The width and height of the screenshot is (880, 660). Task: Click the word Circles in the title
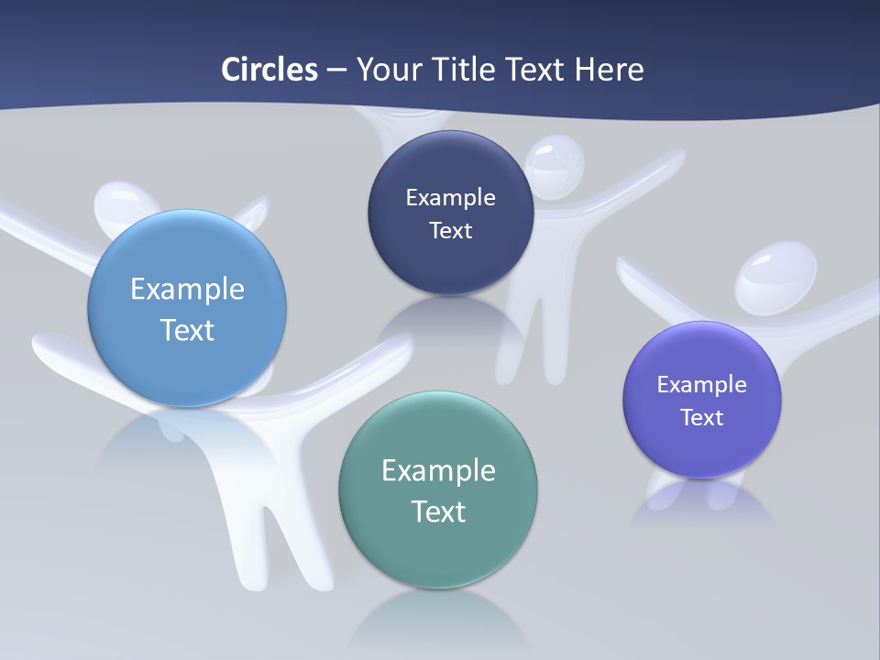click(x=269, y=69)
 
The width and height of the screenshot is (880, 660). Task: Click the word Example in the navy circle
click(x=450, y=197)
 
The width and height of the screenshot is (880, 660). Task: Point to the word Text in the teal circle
click(x=438, y=511)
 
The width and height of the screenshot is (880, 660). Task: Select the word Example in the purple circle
click(x=702, y=384)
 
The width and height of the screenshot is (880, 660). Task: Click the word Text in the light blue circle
click(x=187, y=329)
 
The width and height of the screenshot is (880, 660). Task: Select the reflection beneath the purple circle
click(x=701, y=504)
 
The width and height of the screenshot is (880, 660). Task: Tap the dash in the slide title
click(x=336, y=69)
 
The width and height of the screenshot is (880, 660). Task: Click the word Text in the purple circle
click(x=702, y=417)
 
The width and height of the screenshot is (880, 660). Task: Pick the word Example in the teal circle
click(x=438, y=470)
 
